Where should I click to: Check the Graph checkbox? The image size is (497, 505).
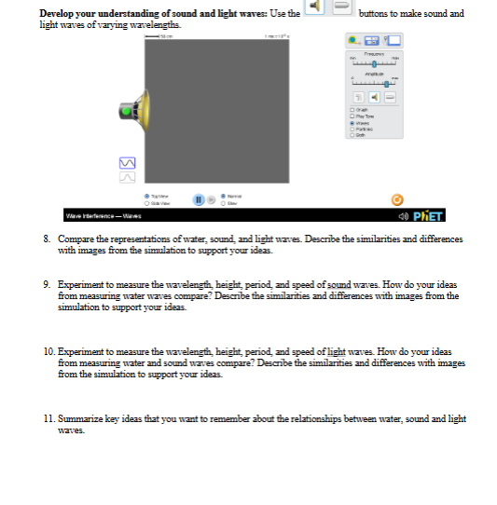point(351,111)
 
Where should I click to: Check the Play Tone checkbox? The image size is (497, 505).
point(351,117)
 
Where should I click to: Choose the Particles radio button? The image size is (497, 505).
point(351,130)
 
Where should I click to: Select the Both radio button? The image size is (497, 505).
point(351,135)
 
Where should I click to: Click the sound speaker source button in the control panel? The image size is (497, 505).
point(374,98)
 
